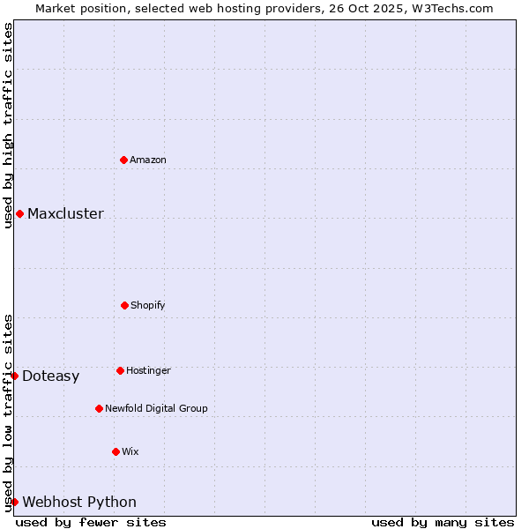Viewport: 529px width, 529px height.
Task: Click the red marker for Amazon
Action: click(x=123, y=160)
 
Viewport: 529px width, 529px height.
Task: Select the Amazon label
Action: click(x=148, y=160)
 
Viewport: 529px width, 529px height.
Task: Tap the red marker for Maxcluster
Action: click(x=19, y=213)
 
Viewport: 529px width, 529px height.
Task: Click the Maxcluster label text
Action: click(x=65, y=214)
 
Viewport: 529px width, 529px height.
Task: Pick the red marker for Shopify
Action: click(x=124, y=305)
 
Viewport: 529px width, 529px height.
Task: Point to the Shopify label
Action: click(x=148, y=306)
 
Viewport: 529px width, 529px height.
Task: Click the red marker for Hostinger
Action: click(x=120, y=370)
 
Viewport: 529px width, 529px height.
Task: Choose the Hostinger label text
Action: click(x=148, y=371)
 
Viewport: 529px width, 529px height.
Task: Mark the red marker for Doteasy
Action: click(x=14, y=376)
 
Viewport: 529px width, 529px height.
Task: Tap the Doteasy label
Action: click(x=50, y=376)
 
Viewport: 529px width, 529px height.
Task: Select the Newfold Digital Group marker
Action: click(x=99, y=408)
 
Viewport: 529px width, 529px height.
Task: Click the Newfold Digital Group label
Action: click(x=156, y=409)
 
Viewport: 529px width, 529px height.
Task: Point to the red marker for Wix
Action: click(x=115, y=451)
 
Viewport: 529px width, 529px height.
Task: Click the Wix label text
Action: click(x=130, y=452)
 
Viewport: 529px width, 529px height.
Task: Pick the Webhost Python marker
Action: click(x=14, y=502)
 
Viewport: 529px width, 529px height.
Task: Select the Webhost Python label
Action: click(x=79, y=503)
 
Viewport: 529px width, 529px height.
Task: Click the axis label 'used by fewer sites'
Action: click(x=91, y=522)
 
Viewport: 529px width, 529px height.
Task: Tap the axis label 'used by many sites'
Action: click(x=443, y=522)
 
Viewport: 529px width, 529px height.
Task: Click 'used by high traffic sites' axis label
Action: click(x=8, y=125)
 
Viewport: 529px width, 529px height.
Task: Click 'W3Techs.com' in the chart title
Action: click(x=451, y=8)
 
